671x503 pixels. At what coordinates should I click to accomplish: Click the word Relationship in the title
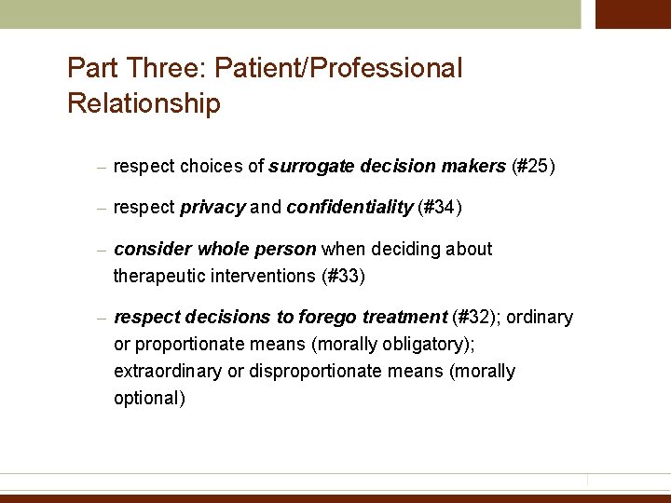click(144, 103)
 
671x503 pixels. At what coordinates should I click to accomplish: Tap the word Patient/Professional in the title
click(337, 68)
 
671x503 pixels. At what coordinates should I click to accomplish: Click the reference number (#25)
click(534, 167)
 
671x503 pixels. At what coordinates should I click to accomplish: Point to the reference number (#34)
click(440, 208)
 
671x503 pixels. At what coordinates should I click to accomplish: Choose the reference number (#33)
click(343, 276)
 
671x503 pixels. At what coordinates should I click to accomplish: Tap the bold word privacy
click(212, 208)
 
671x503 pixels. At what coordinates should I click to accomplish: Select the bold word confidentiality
click(349, 208)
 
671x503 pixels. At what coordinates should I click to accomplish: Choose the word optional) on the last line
click(149, 399)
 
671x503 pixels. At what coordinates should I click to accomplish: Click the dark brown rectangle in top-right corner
click(633, 14)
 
